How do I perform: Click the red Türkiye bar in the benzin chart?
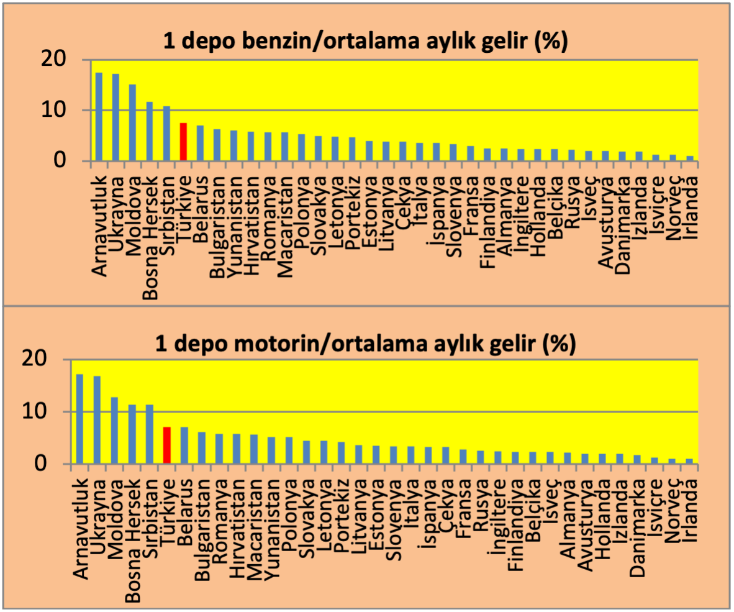click(183, 142)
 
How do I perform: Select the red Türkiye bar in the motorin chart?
click(166, 445)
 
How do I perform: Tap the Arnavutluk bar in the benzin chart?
click(99, 117)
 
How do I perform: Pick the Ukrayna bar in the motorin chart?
click(97, 419)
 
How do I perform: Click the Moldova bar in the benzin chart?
click(132, 123)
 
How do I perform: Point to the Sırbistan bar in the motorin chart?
click(149, 434)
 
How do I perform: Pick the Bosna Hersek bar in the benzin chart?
click(149, 131)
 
